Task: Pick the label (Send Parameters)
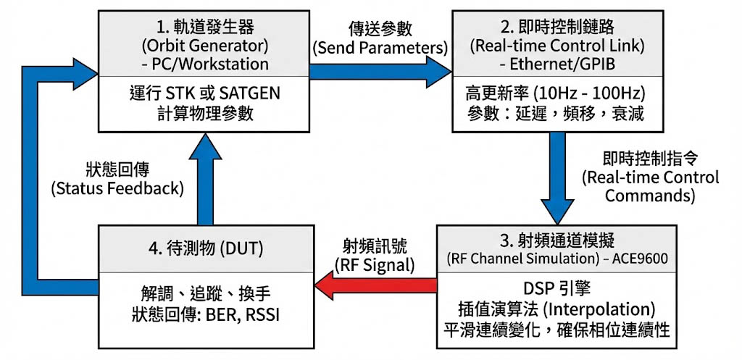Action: [x=380, y=48]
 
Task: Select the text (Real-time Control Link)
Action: [x=554, y=46]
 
